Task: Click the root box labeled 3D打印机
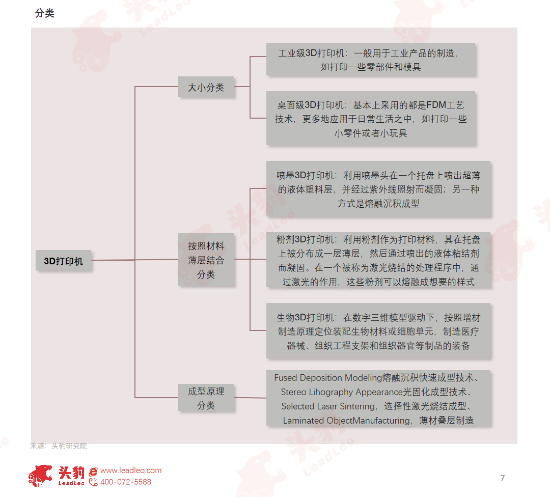click(x=64, y=261)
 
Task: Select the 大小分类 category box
click(x=206, y=87)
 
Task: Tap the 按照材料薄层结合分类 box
click(x=206, y=260)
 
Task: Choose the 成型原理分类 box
click(x=206, y=398)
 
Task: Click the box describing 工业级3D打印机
click(x=371, y=59)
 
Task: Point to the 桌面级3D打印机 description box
click(x=371, y=119)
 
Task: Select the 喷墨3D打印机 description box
click(x=378, y=189)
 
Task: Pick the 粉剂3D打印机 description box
click(x=378, y=260)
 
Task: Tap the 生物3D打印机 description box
click(x=378, y=331)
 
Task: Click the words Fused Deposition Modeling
click(x=327, y=378)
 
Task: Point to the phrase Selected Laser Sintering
click(x=327, y=406)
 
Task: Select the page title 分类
click(x=44, y=13)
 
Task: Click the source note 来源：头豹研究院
click(x=59, y=446)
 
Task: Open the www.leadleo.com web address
click(x=131, y=471)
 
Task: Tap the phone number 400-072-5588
click(x=126, y=482)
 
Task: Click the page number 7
click(x=503, y=478)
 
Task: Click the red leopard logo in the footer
click(x=40, y=476)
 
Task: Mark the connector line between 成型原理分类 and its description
click(x=250, y=398)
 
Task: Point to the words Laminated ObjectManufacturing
click(x=347, y=420)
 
